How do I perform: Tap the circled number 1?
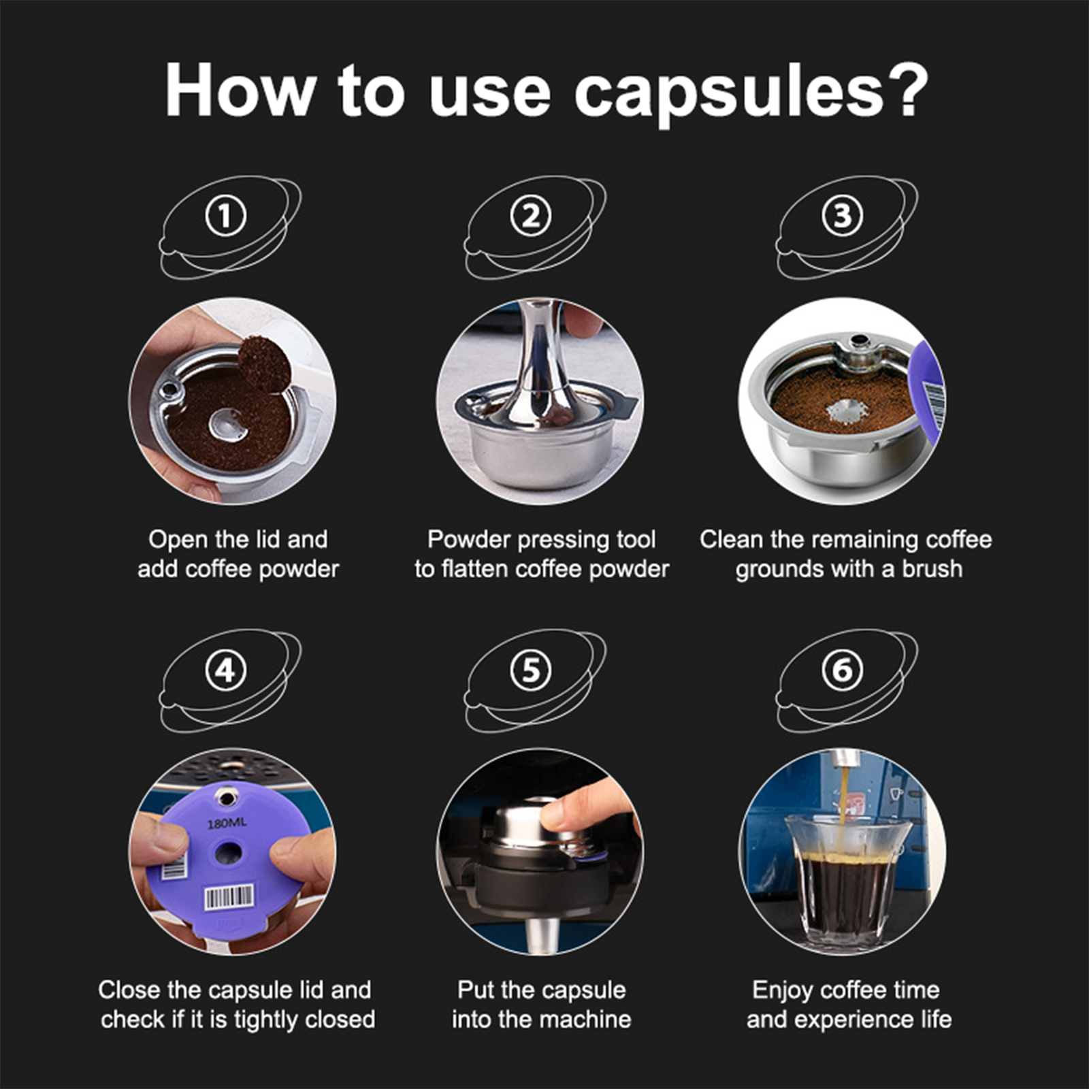[225, 216]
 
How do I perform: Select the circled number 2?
[530, 216]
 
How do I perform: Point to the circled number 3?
[843, 216]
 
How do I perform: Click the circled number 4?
[225, 670]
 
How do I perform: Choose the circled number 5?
[530, 670]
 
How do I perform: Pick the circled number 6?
[843, 670]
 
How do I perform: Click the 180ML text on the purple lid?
[227, 824]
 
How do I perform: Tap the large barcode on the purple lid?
[229, 898]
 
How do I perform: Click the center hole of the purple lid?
[228, 852]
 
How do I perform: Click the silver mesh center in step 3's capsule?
[847, 411]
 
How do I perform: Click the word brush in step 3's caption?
[932, 568]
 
